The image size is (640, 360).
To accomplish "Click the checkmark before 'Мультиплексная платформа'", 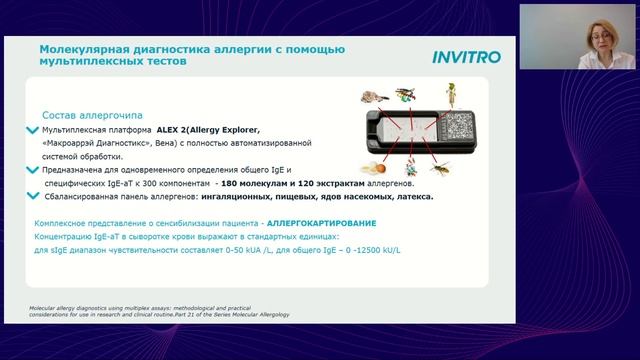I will point(35,130).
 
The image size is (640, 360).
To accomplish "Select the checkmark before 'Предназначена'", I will point(35,171).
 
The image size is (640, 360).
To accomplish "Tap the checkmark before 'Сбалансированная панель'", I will point(35,198).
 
